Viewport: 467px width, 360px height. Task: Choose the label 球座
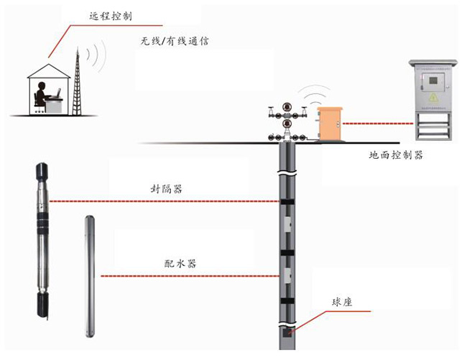tap(341, 303)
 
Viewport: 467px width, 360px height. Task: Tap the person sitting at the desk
tap(40, 96)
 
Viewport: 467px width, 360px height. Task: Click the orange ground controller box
tap(330, 122)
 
